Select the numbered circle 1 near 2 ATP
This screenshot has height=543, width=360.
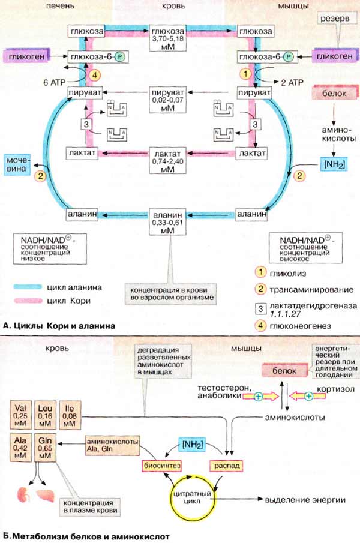(x=244, y=74)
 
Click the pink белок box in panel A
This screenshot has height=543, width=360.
(x=335, y=95)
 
